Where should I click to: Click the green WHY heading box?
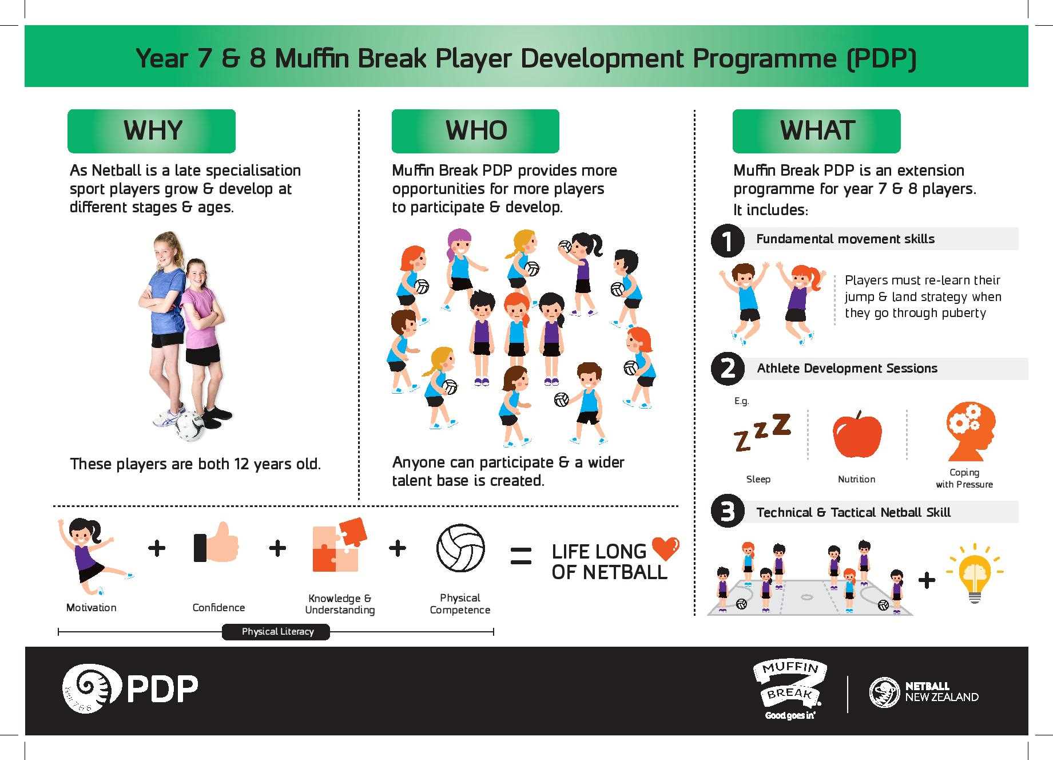click(x=152, y=131)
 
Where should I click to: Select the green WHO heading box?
click(x=475, y=131)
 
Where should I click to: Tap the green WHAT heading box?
click(x=816, y=131)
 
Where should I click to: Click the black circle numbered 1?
click(x=727, y=240)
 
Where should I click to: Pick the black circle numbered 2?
click(x=727, y=369)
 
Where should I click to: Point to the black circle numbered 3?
click(x=727, y=511)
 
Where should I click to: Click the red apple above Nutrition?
click(x=857, y=434)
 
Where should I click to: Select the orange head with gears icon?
click(x=970, y=431)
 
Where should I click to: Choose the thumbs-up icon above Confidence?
click(x=217, y=543)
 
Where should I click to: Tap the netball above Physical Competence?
click(x=460, y=548)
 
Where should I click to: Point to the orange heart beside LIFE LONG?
click(x=665, y=548)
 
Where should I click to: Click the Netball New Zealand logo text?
click(x=941, y=692)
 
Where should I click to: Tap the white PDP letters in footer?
click(x=162, y=689)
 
